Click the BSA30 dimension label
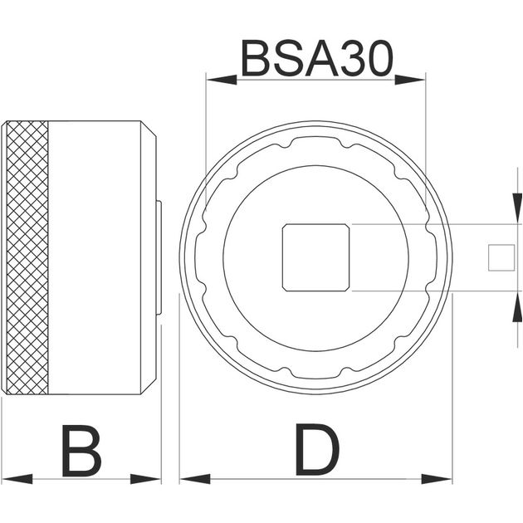pos(317,58)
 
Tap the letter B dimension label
pos(81,451)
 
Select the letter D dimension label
pos(317,449)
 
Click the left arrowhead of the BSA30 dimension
pos(222,80)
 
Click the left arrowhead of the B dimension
pos(17,479)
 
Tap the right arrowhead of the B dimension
pos(146,479)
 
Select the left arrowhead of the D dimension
pos(195,479)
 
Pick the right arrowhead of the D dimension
pos(437,479)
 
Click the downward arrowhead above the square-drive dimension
pos(517,208)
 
